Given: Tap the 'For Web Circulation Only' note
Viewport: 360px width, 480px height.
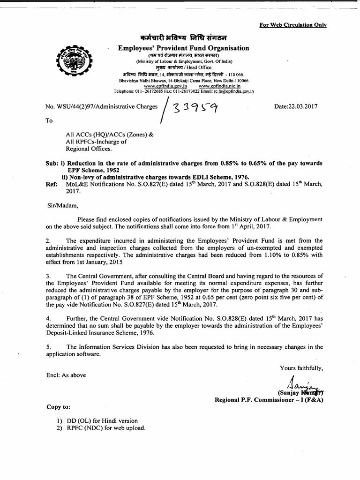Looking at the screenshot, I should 292,25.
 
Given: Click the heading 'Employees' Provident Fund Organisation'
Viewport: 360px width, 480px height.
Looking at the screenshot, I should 183,48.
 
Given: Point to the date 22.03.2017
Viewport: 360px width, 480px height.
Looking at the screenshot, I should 296,106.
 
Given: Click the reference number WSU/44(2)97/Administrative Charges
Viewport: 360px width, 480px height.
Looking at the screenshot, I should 101,107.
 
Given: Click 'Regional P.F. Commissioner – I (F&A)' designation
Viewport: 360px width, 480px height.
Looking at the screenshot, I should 269,400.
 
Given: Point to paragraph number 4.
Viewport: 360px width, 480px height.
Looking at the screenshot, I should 48,318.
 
